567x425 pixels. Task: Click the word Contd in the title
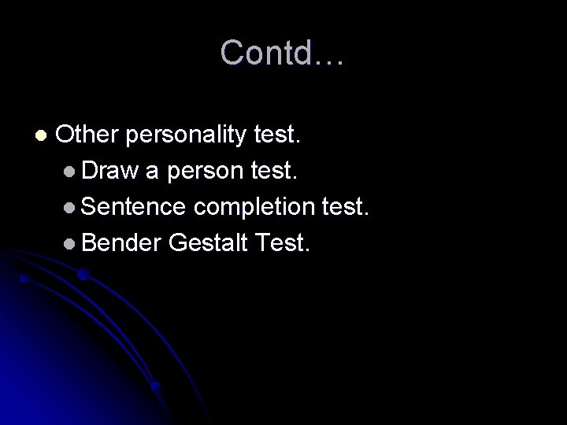pos(267,54)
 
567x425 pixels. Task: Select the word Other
pos(87,135)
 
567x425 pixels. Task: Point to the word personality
pos(183,137)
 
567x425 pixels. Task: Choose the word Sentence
pos(133,208)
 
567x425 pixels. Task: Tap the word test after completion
pos(346,208)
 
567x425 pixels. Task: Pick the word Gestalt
pos(207,244)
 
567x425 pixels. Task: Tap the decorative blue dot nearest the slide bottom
pos(156,386)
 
